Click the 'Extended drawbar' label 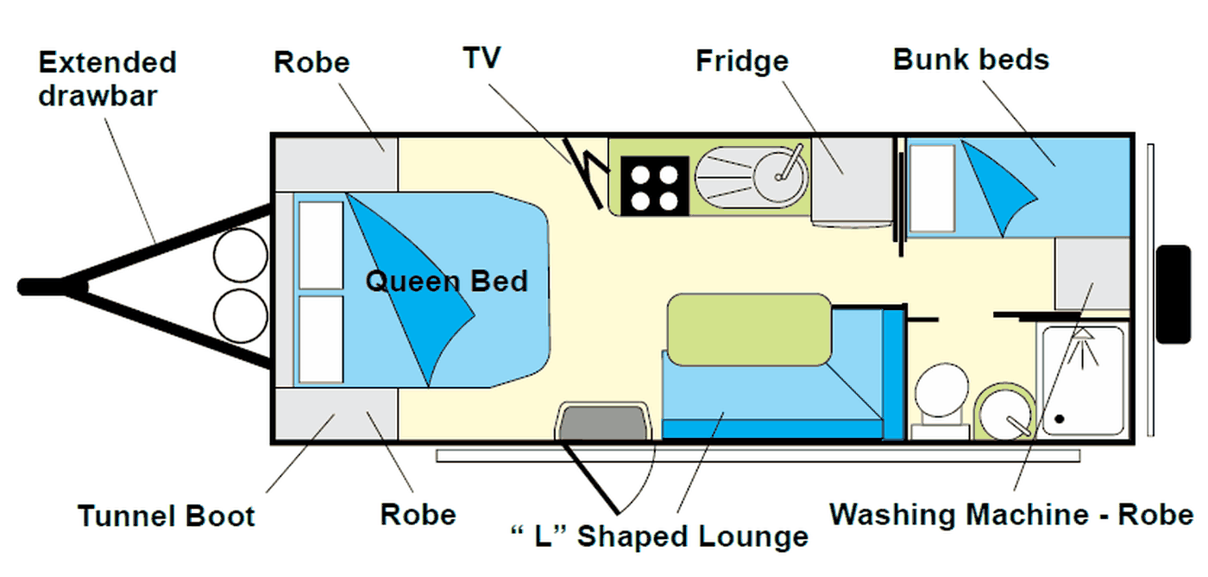click(107, 79)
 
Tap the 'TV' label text click(482, 58)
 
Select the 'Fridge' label click(742, 61)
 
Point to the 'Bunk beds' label click(972, 60)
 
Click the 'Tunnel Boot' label click(166, 516)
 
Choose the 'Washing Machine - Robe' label click(1011, 514)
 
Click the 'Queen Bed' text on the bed click(447, 282)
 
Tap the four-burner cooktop click(655, 186)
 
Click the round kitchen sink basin click(780, 176)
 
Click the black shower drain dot click(1060, 418)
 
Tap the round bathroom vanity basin click(1005, 413)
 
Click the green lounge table click(749, 329)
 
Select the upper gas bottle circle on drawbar click(241, 255)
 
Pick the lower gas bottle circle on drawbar click(241, 316)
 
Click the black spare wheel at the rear click(1173, 295)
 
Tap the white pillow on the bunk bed click(933, 187)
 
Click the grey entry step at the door click(603, 421)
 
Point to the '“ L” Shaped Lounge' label click(659, 536)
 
